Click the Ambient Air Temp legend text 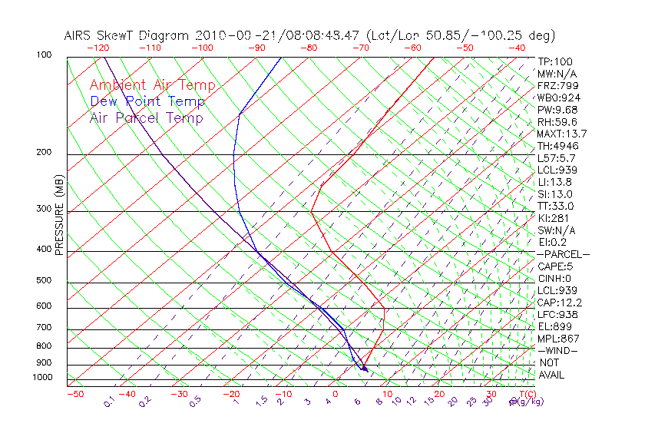(x=152, y=85)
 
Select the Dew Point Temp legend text (x=147, y=101)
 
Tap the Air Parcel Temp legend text (x=146, y=117)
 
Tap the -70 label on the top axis (x=359, y=48)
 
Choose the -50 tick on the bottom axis (x=74, y=394)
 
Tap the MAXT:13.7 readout (x=563, y=134)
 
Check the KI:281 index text (x=553, y=218)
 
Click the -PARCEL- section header (x=564, y=254)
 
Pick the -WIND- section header (x=557, y=350)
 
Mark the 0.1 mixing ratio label (x=109, y=402)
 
